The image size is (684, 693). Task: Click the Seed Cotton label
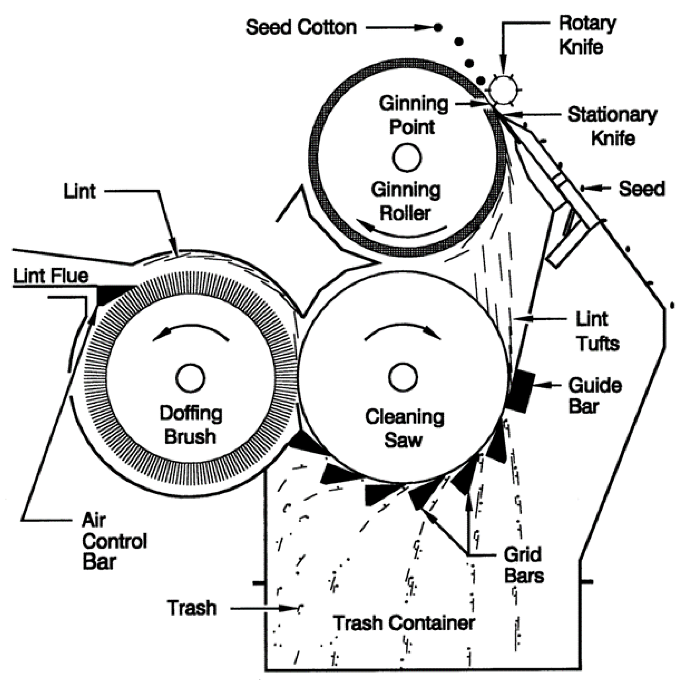[301, 28]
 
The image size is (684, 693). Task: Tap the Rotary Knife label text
[587, 35]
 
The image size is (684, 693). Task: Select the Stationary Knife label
[612, 127]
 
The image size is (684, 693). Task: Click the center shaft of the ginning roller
[406, 158]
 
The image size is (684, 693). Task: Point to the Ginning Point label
[413, 115]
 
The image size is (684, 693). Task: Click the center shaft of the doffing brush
[190, 378]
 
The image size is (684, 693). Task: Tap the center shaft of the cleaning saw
[403, 377]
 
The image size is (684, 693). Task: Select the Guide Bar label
[595, 396]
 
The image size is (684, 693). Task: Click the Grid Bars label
[523, 566]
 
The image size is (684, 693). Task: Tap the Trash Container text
[404, 623]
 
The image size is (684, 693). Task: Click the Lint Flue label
[51, 276]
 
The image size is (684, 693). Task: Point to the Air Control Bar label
[114, 541]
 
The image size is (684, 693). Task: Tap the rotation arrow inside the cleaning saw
[403, 330]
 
